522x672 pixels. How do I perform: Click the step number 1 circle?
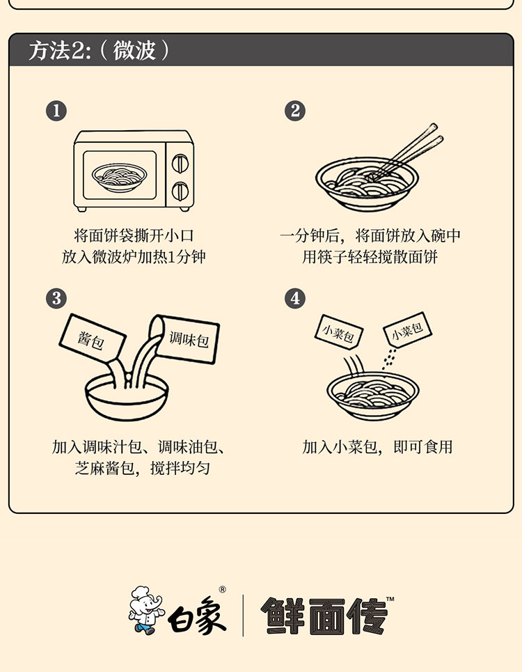(56, 111)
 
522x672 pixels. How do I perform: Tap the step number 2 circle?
(295, 111)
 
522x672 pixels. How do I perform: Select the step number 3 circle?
(56, 298)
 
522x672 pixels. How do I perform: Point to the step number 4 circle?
(295, 298)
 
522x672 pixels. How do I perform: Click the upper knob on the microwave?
(180, 163)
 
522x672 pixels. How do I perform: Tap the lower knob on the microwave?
(180, 191)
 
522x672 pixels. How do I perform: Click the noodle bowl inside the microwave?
(120, 177)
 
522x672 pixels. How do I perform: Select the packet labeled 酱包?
(92, 338)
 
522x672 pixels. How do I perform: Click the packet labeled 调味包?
(186, 339)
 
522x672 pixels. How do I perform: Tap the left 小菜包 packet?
(339, 333)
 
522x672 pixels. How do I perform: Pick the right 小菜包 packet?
(407, 329)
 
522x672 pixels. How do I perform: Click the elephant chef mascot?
(146, 610)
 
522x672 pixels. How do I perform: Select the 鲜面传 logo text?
(324, 616)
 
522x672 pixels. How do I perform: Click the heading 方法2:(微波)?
(100, 50)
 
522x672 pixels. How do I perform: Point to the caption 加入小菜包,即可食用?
(377, 447)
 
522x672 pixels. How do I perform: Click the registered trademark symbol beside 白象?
(222, 590)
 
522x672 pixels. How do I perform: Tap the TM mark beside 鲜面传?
(390, 599)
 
